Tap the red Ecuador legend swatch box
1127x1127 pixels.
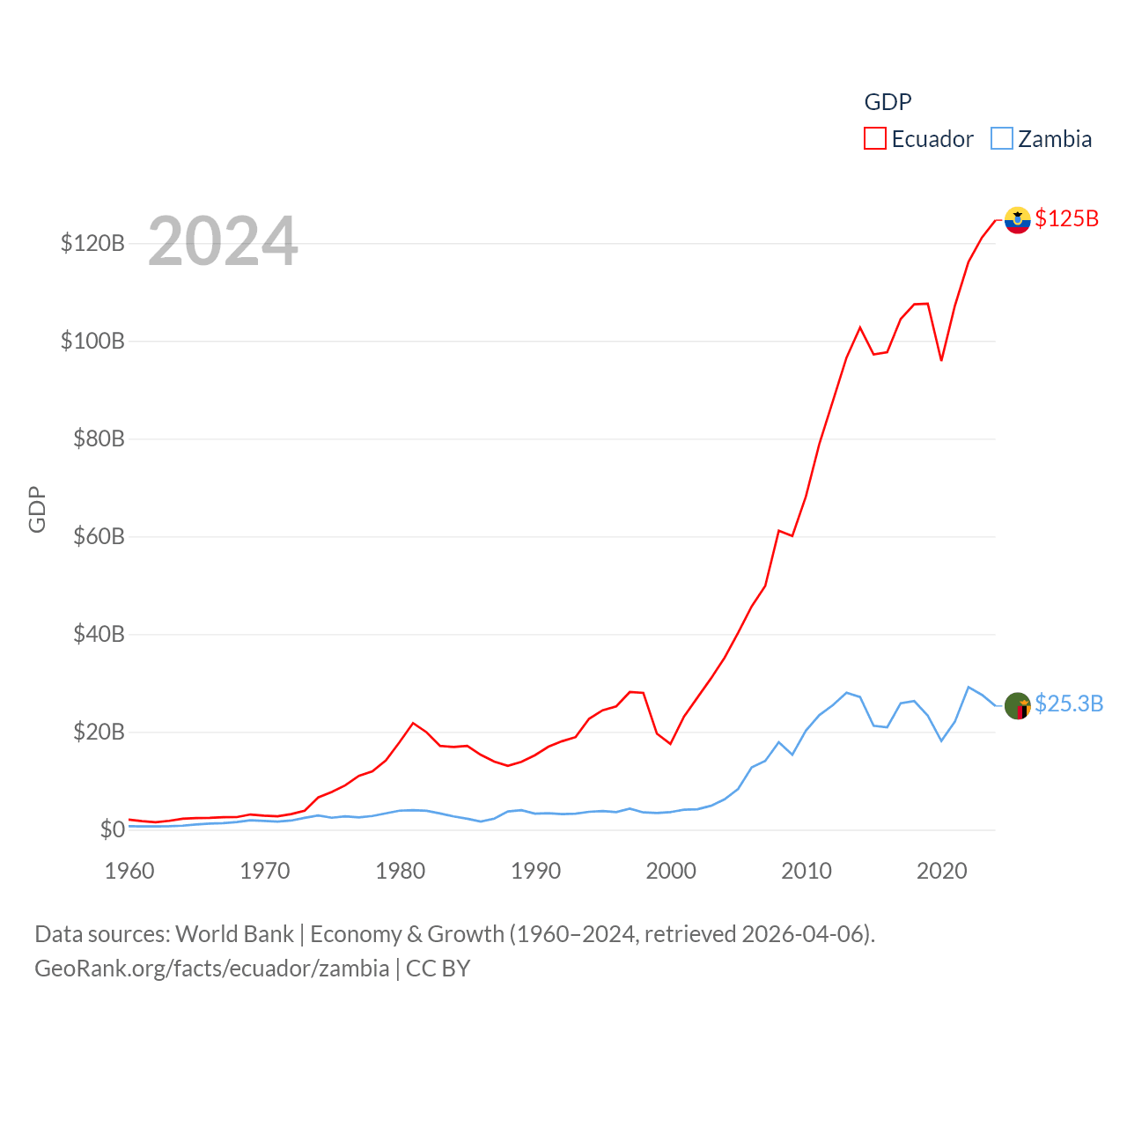[874, 139]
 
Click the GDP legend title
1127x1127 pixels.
[888, 102]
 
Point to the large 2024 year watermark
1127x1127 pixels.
[223, 241]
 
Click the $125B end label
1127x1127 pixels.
[1066, 218]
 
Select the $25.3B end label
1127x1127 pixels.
[1068, 703]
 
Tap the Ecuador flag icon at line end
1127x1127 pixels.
[1017, 220]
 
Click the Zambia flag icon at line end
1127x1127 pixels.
[1017, 705]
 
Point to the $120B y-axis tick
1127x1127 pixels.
[92, 243]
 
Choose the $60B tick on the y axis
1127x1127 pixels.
[99, 536]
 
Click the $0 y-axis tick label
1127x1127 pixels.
[112, 829]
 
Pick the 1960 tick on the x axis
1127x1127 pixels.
[129, 871]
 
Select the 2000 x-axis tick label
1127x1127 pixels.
[671, 871]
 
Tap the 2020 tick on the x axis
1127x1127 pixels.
[941, 871]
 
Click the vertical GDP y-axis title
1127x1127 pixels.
[37, 509]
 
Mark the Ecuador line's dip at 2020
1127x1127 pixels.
[941, 360]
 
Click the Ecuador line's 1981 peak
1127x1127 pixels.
[413, 723]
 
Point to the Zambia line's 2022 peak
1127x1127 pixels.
[969, 687]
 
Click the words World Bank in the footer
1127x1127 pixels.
[234, 934]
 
